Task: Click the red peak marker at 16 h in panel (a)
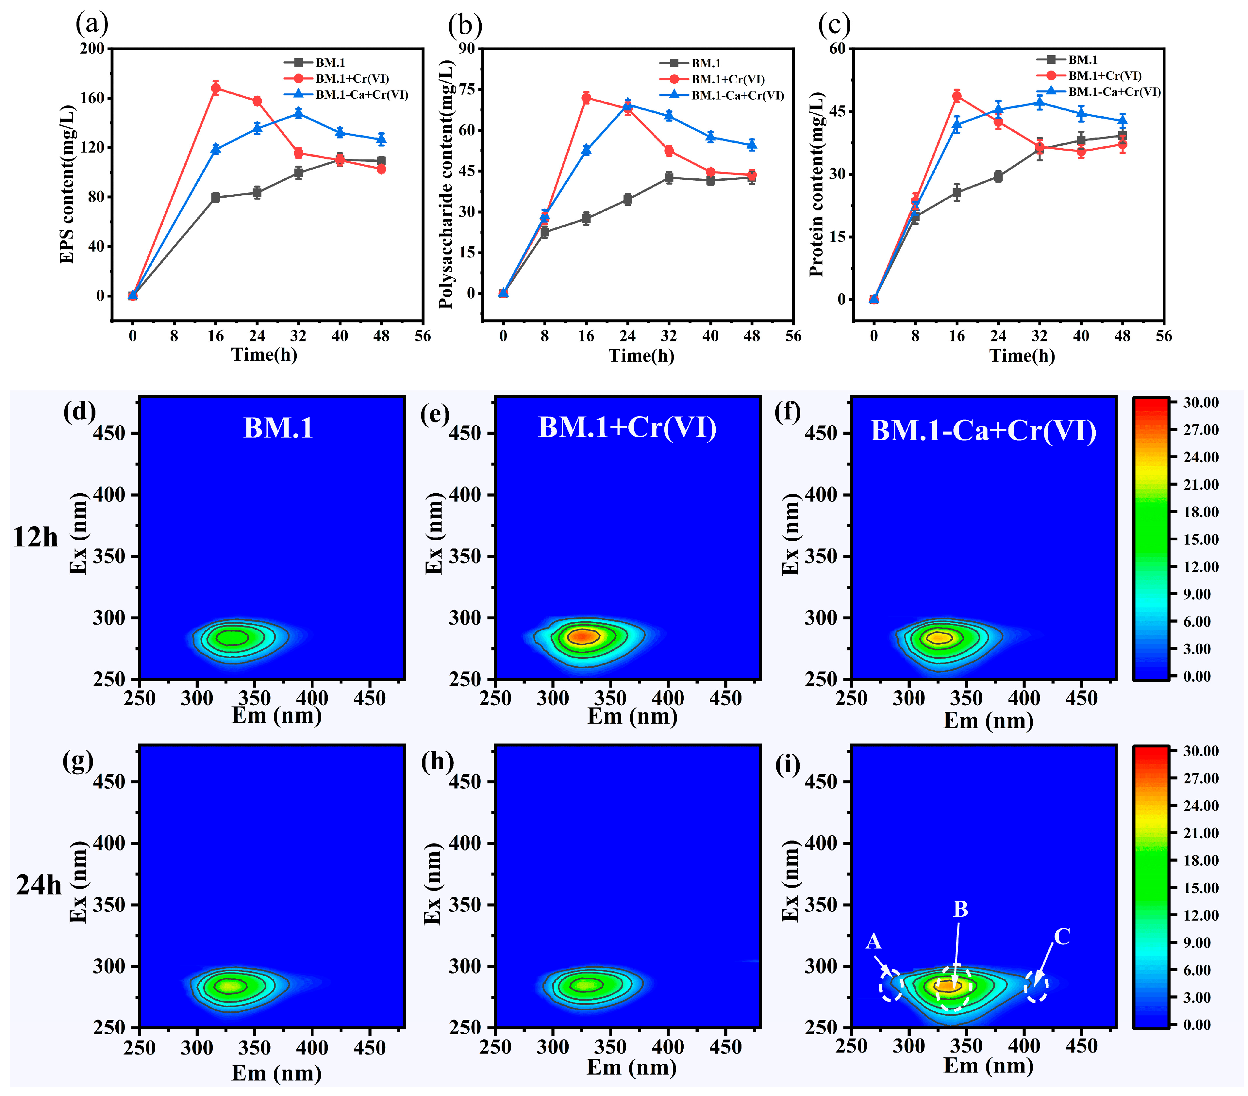[216, 88]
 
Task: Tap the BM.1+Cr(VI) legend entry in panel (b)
[728, 79]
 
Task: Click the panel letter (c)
[834, 25]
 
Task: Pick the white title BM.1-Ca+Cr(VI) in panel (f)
[983, 431]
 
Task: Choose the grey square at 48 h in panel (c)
[1122, 136]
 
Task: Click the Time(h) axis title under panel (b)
[641, 356]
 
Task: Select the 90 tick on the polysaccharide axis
[467, 49]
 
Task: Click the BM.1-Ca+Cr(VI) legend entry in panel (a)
[361, 95]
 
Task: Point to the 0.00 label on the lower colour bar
[1197, 1025]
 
